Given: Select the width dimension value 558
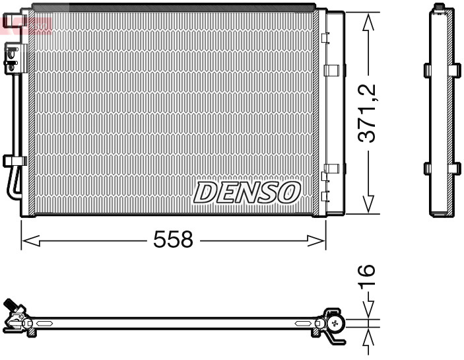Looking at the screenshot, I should [x=173, y=240].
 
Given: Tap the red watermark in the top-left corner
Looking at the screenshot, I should [x=26, y=24].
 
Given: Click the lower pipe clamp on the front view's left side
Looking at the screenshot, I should [x=14, y=161].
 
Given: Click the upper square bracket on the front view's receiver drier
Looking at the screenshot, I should [x=332, y=69].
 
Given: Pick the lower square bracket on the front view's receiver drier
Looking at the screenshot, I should [x=332, y=168].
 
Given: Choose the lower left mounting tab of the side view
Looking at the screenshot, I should [x=426, y=168].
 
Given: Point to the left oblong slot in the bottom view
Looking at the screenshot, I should [x=46, y=323].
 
